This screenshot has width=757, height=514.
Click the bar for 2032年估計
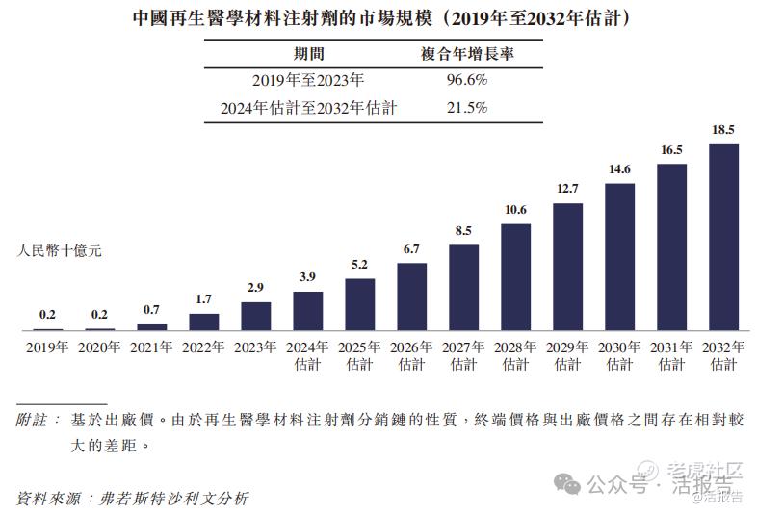tap(723, 238)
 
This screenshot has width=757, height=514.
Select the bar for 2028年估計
tap(516, 277)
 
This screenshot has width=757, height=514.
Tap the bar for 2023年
tap(256, 317)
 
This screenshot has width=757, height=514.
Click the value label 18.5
tap(723, 129)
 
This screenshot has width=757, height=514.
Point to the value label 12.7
tap(567, 188)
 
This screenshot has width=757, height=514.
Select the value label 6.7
tap(412, 248)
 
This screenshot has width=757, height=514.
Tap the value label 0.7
tap(152, 309)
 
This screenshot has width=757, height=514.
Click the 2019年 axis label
tap(48, 347)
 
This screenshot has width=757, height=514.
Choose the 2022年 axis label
tap(204, 347)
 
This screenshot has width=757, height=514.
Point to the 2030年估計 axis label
tap(619, 355)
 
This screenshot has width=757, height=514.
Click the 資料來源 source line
tap(133, 498)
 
